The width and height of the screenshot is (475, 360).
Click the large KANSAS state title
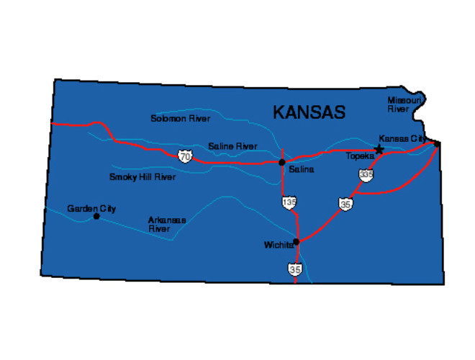tap(309, 112)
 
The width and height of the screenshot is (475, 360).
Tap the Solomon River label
tap(180, 118)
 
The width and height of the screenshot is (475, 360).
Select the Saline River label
tap(232, 146)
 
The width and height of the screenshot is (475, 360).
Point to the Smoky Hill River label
tap(142, 176)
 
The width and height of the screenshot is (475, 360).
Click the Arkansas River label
tap(167, 224)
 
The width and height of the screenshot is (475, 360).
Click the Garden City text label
tap(91, 209)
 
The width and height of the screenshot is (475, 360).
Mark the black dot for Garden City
tap(96, 216)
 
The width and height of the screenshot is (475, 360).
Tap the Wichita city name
tap(279, 245)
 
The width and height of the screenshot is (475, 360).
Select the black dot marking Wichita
tap(296, 242)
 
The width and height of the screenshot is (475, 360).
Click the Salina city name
tap(301, 170)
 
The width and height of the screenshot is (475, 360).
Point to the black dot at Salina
tap(282, 162)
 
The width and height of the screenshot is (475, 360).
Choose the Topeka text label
tap(360, 156)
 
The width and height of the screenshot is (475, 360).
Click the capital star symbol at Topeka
tap(379, 150)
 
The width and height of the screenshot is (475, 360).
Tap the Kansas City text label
tap(402, 138)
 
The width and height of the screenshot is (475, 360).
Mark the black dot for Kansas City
tap(437, 144)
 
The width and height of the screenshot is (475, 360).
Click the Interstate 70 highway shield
tap(186, 156)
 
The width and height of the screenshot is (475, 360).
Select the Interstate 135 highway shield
tap(289, 203)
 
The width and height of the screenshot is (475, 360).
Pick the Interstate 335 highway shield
tap(366, 175)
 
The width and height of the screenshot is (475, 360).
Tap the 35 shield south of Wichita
tap(295, 269)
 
